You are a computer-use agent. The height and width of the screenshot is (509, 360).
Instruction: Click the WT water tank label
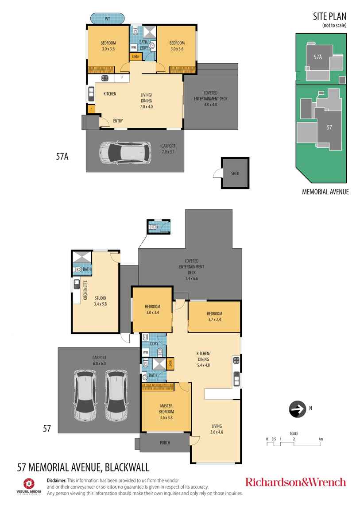point(108,19)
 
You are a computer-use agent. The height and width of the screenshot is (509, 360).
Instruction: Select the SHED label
point(235,174)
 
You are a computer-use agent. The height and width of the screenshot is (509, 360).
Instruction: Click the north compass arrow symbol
point(297,409)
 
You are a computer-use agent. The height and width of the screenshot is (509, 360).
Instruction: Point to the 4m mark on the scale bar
point(321,439)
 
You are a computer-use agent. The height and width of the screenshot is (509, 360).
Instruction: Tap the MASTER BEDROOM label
point(166,409)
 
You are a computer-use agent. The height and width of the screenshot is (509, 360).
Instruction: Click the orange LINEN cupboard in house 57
point(170,364)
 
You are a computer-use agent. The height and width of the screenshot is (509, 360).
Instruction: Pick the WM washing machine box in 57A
point(133,48)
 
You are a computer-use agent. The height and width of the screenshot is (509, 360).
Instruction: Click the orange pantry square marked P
point(91,109)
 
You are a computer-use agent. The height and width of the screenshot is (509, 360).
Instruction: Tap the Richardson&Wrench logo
point(295,482)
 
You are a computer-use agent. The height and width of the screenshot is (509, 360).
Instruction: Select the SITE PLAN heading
point(329,17)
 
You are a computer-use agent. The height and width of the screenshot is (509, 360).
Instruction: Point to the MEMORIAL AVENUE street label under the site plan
point(325,192)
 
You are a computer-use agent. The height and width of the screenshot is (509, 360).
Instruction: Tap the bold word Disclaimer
point(57,480)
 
